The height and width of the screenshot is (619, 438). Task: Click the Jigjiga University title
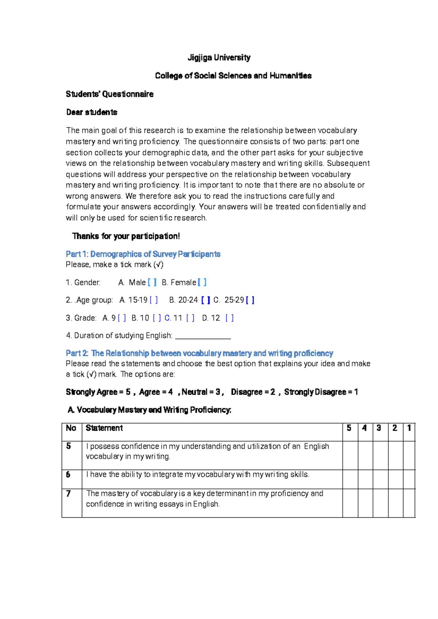coord(219,58)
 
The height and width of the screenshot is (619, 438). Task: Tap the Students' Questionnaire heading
coord(109,94)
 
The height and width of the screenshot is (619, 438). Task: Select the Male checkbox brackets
coord(152,282)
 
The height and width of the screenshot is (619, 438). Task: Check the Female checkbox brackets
coord(202,282)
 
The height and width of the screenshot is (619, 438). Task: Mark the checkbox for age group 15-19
coord(154,300)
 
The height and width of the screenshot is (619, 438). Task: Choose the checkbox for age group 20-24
coord(205,300)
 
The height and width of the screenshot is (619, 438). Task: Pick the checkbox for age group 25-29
coord(250,300)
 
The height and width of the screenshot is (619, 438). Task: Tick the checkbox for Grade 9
coord(122,318)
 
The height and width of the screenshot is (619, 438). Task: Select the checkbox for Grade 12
coord(230,318)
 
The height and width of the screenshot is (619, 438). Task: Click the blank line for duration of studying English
coord(203,336)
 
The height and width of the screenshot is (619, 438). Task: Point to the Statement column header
coord(104,428)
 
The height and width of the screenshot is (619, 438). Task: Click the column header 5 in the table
coord(349,428)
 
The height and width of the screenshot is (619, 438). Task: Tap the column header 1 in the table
coord(409,428)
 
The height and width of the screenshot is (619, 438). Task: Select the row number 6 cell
coord(72,479)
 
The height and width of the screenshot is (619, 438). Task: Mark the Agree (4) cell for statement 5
coord(365,455)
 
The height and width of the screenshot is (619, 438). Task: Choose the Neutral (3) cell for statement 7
coord(380,503)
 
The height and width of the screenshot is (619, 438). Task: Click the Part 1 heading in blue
coord(143,254)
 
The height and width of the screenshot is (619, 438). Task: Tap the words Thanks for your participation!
coord(126,236)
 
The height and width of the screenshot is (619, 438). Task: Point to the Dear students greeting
coord(92,112)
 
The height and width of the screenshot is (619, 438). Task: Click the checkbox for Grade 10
coord(157,318)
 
